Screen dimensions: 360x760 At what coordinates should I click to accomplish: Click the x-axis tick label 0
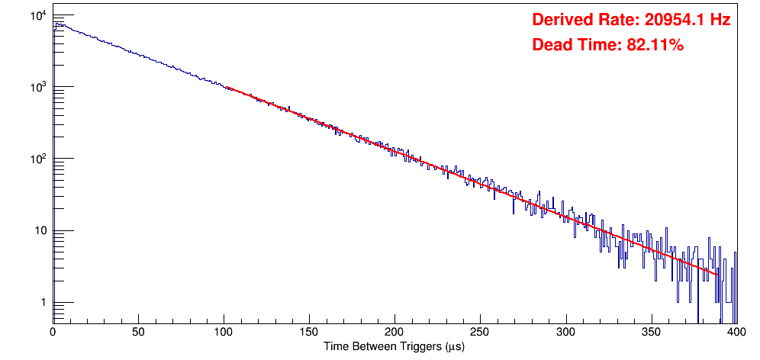pyautogui.click(x=53, y=333)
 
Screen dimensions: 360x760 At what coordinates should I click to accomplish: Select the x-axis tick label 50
pyautogui.click(x=138, y=333)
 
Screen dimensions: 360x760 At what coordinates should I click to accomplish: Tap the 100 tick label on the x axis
pyautogui.click(x=224, y=333)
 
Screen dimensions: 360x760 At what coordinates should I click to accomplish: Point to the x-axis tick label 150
pyautogui.click(x=309, y=333)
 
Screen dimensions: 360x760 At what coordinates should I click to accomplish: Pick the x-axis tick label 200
pyautogui.click(x=394, y=333)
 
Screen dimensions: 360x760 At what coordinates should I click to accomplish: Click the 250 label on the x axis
pyautogui.click(x=480, y=333)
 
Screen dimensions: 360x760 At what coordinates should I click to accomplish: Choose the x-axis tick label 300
pyautogui.click(x=565, y=333)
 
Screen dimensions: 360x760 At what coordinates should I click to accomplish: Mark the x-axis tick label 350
pyautogui.click(x=651, y=333)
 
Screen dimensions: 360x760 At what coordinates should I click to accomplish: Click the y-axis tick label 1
pyautogui.click(x=43, y=304)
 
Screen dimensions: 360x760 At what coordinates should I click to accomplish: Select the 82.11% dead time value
pyautogui.click(x=655, y=46)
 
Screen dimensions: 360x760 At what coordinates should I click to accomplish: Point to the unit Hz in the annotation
pyautogui.click(x=720, y=21)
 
